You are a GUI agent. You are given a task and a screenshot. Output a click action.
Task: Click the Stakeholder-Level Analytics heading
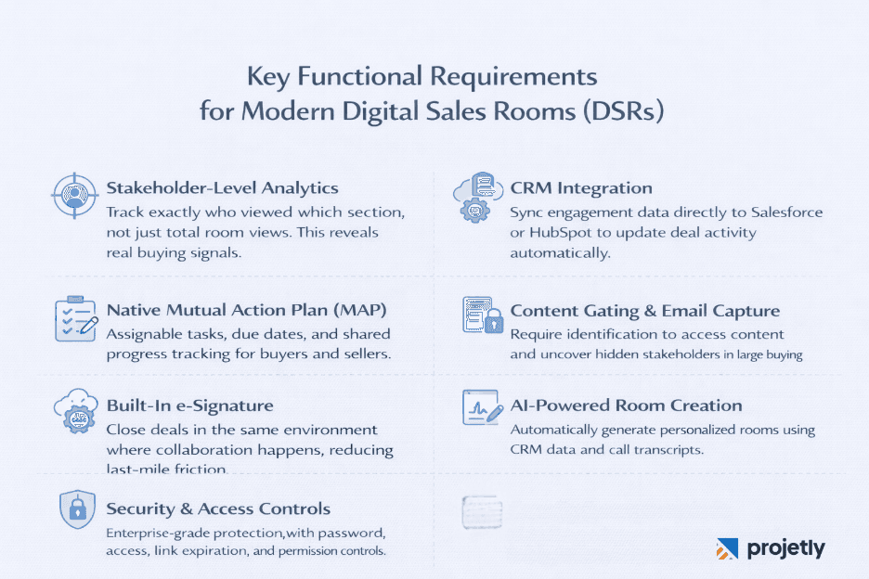pyautogui.click(x=222, y=188)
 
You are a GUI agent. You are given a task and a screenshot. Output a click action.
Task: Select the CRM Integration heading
pyautogui.click(x=581, y=188)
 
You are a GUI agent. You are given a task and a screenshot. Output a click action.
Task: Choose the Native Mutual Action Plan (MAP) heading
pyautogui.click(x=246, y=310)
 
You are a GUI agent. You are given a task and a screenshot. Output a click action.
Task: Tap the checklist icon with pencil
pyautogui.click(x=74, y=318)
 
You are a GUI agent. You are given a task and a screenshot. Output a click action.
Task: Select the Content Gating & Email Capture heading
pyautogui.click(x=644, y=311)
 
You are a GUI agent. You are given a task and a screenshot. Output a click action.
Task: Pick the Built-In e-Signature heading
pyautogui.click(x=189, y=405)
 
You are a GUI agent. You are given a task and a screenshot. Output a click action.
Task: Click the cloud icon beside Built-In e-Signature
pyautogui.click(x=73, y=411)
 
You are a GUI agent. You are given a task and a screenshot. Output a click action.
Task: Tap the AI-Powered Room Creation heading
pyautogui.click(x=626, y=405)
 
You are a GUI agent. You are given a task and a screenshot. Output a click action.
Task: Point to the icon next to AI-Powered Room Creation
pyautogui.click(x=481, y=408)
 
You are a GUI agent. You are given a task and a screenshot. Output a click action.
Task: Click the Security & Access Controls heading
pyautogui.click(x=218, y=508)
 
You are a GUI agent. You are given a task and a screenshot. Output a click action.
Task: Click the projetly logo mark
pyautogui.click(x=727, y=548)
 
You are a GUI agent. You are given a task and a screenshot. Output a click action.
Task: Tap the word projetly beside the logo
pyautogui.click(x=785, y=548)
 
